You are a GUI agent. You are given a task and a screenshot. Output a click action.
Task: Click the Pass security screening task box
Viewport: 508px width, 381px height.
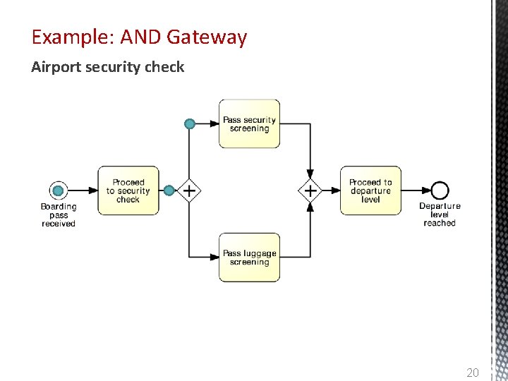pyautogui.click(x=249, y=123)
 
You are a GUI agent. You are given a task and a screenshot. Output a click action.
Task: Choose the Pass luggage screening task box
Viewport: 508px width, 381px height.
pyautogui.click(x=249, y=258)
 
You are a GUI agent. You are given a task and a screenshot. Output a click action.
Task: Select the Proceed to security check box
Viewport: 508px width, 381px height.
pyautogui.click(x=128, y=190)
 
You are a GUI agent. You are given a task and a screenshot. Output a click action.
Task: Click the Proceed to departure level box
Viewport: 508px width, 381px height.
pyautogui.click(x=370, y=190)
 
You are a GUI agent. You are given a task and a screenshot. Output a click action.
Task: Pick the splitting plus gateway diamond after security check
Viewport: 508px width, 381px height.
pyautogui.click(x=188, y=190)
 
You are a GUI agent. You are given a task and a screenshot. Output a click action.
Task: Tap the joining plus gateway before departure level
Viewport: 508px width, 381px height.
pyautogui.click(x=310, y=190)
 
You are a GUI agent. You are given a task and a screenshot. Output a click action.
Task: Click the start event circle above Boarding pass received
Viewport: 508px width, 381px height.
pyautogui.click(x=59, y=190)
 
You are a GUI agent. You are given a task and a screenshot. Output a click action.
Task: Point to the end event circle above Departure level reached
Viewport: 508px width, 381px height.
pyautogui.click(x=440, y=190)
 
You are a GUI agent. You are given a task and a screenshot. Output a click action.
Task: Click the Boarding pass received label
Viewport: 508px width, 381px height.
pyautogui.click(x=59, y=215)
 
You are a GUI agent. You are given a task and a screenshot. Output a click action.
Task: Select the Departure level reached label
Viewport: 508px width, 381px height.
pyautogui.click(x=440, y=214)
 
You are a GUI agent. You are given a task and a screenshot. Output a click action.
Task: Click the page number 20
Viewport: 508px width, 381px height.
pyautogui.click(x=473, y=372)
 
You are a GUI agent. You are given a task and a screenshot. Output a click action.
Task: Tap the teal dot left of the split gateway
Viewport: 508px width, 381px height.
pyautogui.click(x=169, y=190)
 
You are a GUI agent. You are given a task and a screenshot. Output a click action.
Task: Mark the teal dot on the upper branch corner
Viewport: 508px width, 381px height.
pyautogui.click(x=189, y=124)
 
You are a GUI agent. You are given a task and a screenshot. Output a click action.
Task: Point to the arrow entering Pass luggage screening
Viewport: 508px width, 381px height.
pyautogui.click(x=205, y=258)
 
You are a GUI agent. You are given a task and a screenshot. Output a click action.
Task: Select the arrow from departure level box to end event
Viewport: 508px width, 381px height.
pyautogui.click(x=416, y=190)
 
